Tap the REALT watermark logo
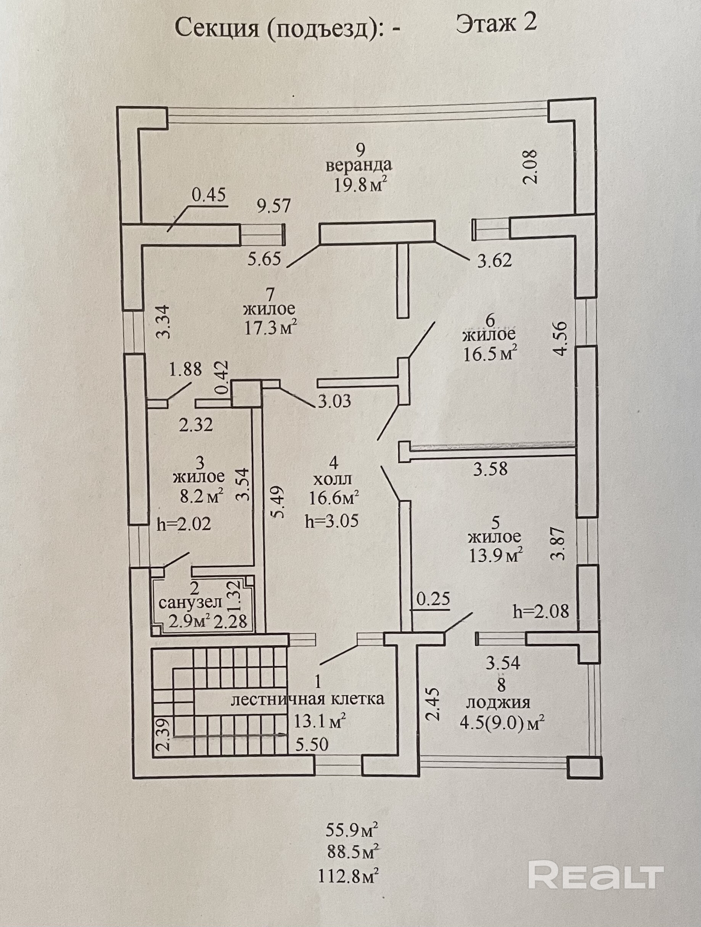(596, 875)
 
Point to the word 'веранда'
(359, 165)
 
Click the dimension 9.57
(274, 206)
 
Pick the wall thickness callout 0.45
(208, 194)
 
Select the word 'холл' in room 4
(334, 479)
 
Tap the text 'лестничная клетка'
(308, 699)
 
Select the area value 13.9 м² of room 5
(495, 556)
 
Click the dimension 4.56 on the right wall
(560, 338)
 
